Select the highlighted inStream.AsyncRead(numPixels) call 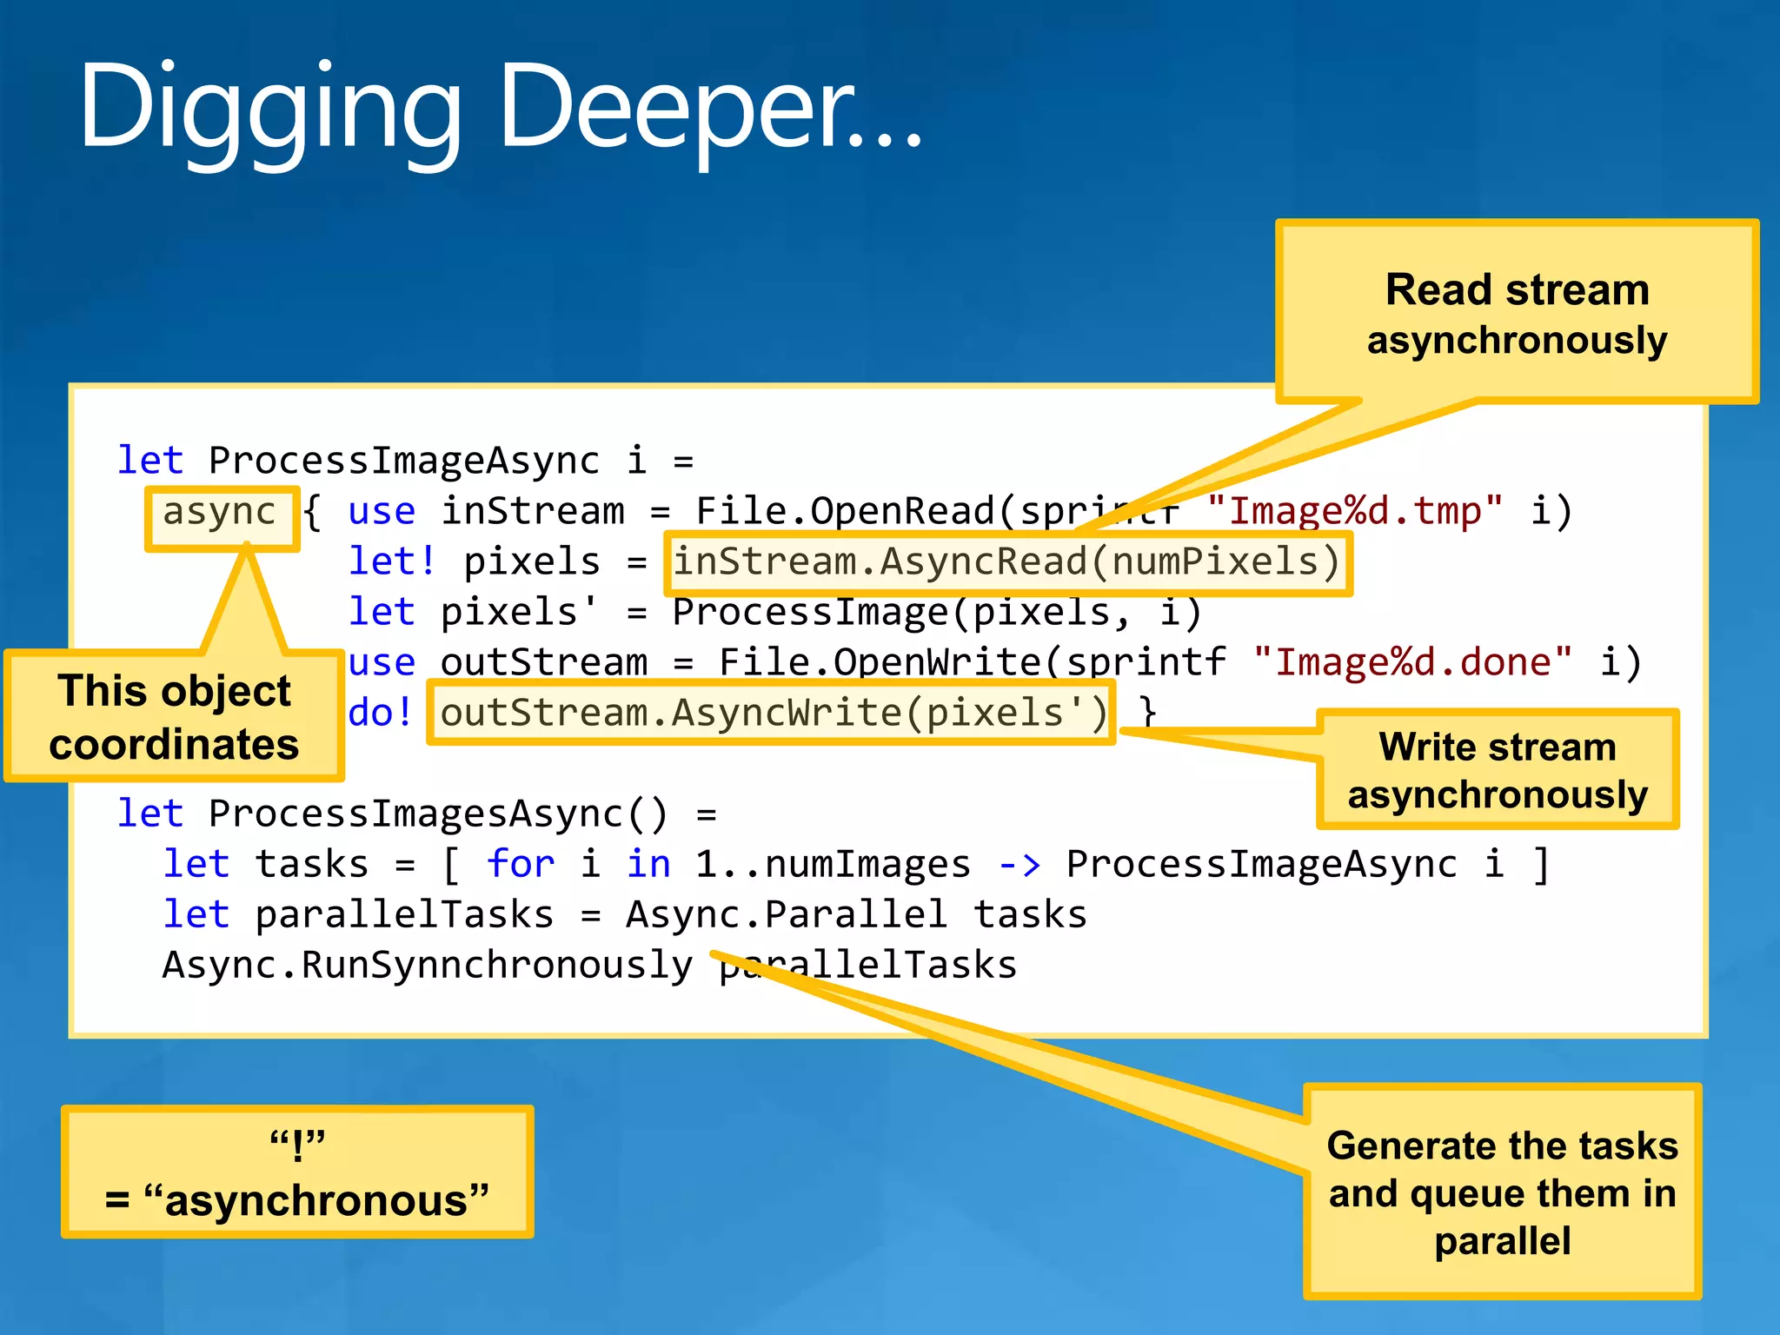pyautogui.click(x=1007, y=562)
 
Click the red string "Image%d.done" pyautogui.click(x=1412, y=662)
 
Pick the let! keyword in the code pyautogui.click(x=391, y=561)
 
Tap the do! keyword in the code pyautogui.click(x=380, y=714)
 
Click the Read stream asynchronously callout pyautogui.click(x=1517, y=313)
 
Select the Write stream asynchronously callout pyautogui.click(x=1497, y=770)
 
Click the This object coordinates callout pyautogui.click(x=174, y=717)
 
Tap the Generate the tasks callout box pyautogui.click(x=1502, y=1192)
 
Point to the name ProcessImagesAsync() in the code pyautogui.click(x=438, y=814)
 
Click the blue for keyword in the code pyautogui.click(x=520, y=865)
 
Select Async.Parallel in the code pyautogui.click(x=786, y=915)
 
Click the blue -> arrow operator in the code pyautogui.click(x=1019, y=865)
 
